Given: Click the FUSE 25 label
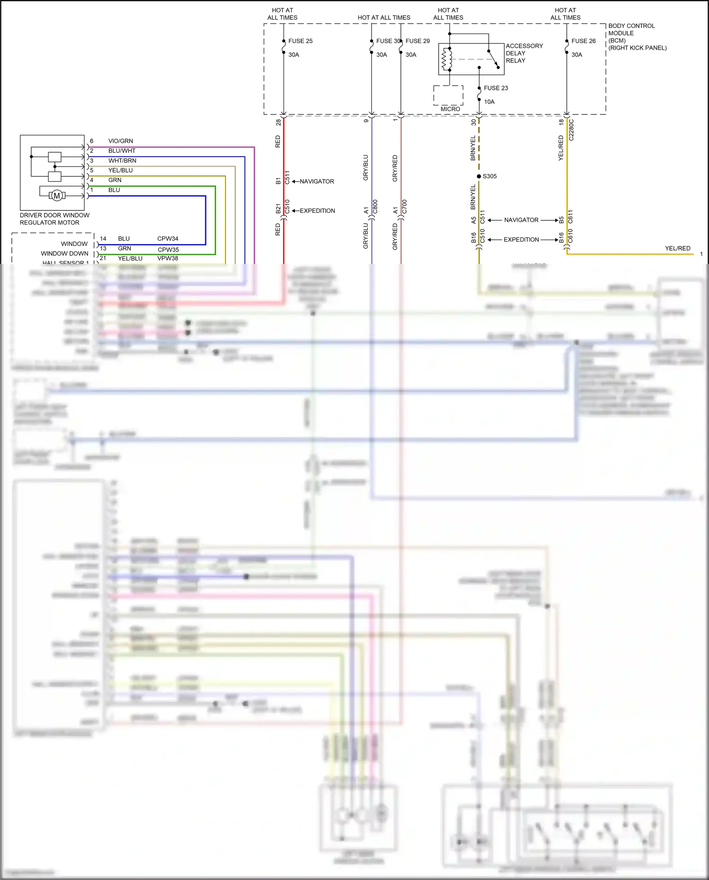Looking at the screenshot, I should tap(300, 41).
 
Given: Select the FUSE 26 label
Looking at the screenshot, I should tap(583, 41).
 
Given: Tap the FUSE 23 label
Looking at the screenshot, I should tap(495, 88).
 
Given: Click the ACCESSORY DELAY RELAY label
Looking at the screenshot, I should tap(524, 53).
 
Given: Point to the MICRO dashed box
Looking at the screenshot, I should tap(448, 96).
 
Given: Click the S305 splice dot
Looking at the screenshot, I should tap(479, 176).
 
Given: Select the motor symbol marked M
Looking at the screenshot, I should tap(57, 196).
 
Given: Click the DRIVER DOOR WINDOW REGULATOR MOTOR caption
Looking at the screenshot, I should tap(54, 219).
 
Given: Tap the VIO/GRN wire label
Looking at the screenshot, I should tap(121, 141).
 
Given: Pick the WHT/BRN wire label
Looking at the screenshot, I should tap(122, 161).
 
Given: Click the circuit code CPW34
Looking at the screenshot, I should tap(168, 239).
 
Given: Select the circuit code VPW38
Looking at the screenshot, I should tap(168, 258).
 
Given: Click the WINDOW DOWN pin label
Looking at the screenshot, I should tap(64, 253).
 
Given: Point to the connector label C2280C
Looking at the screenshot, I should tap(571, 130).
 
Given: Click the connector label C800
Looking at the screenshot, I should tap(375, 207).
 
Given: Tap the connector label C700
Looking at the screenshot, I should tap(405, 207).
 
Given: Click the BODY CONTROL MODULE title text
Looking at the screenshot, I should tap(631, 29).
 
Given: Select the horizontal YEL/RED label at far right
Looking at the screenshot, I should tap(677, 248).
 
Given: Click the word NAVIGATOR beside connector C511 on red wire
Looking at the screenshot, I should tap(317, 182).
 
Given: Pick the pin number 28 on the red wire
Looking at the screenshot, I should tap(278, 122).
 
